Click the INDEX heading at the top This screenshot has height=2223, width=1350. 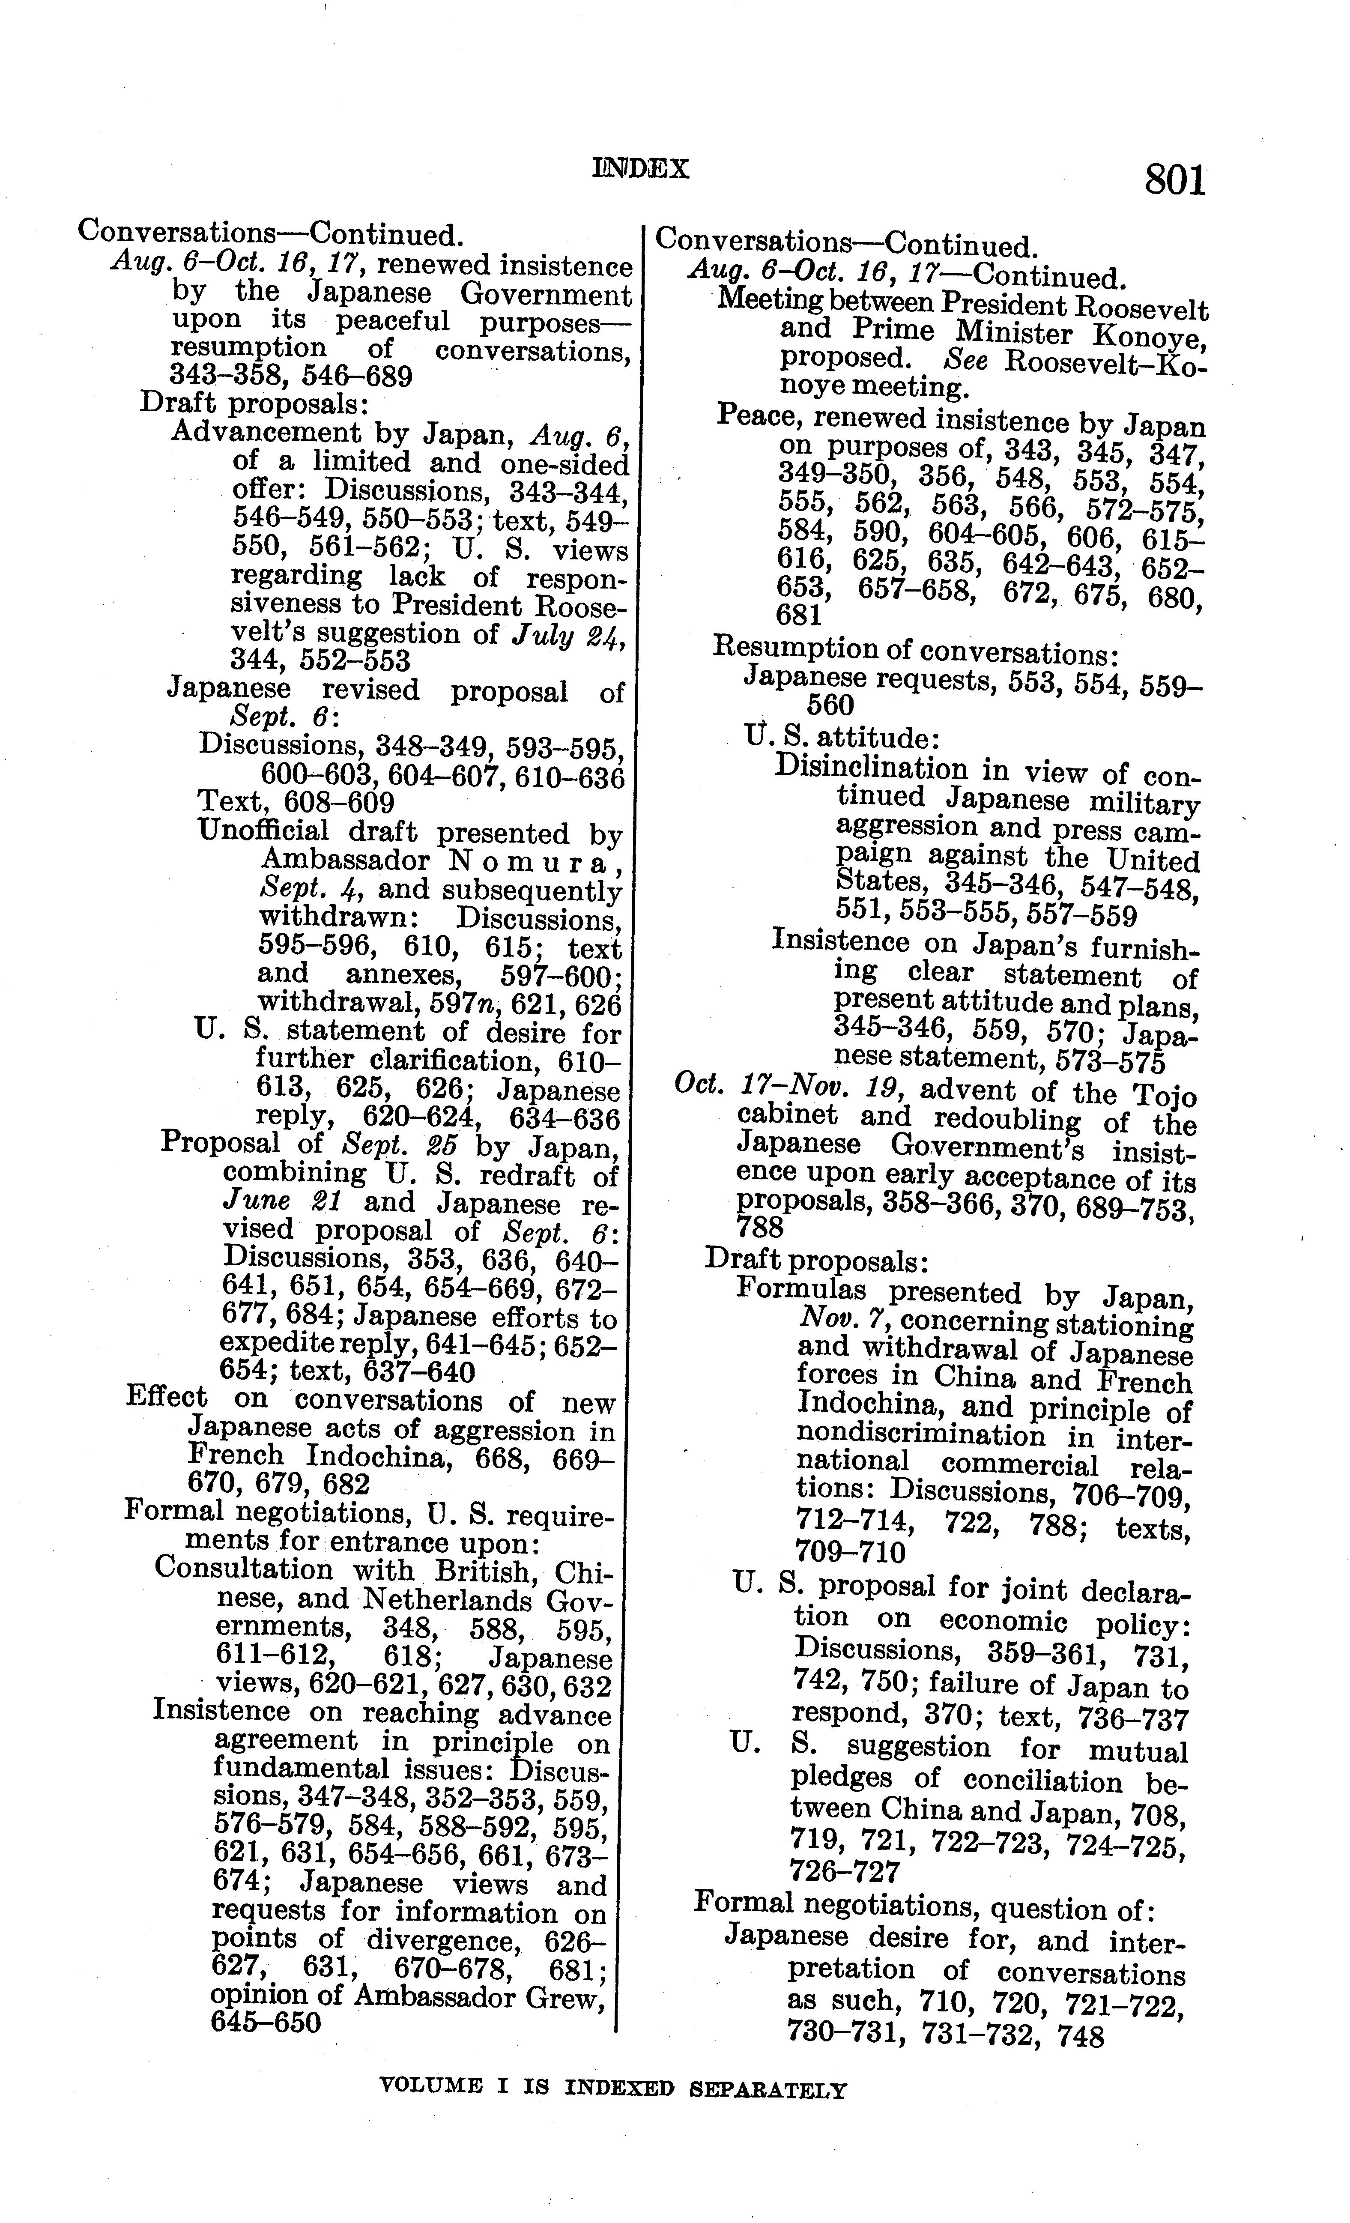click(641, 169)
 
